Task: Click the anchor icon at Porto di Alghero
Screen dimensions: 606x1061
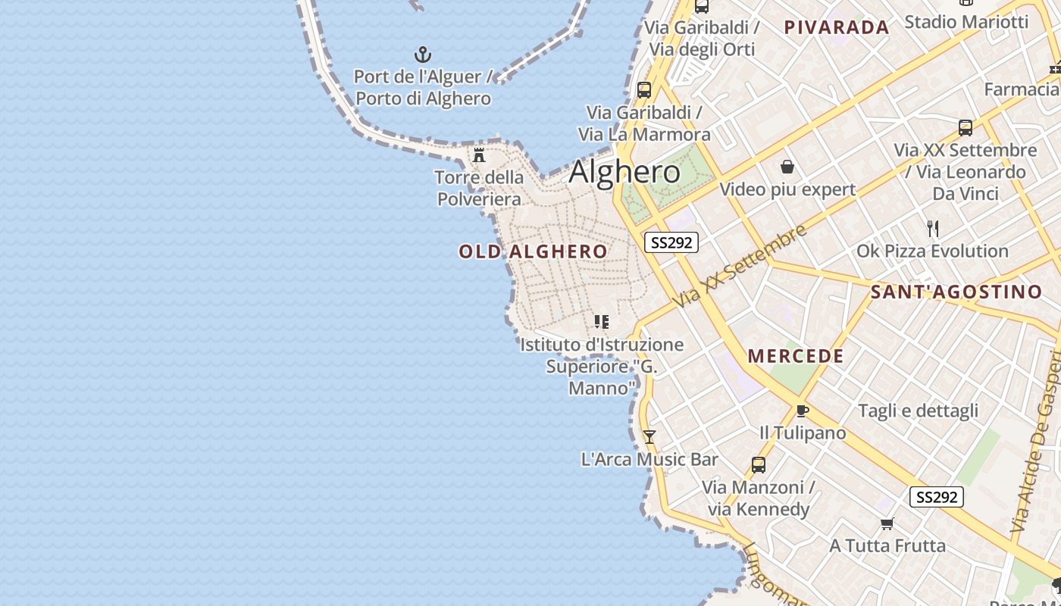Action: (423, 55)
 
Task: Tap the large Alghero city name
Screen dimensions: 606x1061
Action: (624, 172)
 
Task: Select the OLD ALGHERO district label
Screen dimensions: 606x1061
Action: (533, 251)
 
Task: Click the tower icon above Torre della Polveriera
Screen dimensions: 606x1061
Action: (479, 155)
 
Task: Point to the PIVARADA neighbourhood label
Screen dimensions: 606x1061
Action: (837, 28)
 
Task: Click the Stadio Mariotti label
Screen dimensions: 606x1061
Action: (966, 21)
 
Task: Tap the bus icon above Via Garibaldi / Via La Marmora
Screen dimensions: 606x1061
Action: (644, 89)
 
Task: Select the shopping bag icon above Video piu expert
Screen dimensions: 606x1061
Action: (787, 166)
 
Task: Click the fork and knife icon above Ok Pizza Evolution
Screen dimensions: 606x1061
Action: (933, 228)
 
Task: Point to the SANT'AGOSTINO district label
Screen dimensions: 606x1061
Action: (956, 292)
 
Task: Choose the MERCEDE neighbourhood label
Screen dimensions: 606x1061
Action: (796, 356)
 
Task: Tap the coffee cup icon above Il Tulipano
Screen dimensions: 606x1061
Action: (802, 411)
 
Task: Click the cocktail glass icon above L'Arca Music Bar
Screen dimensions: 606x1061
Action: (649, 437)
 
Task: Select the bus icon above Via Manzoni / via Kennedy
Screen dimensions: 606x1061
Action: (758, 464)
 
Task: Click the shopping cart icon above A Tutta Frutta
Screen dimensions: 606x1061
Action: (887, 523)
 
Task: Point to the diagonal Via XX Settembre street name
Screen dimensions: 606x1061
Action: (740, 266)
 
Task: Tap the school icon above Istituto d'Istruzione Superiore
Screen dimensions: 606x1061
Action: (602, 322)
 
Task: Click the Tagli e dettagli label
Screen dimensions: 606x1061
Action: (918, 411)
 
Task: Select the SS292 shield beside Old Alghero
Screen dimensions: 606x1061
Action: (671, 242)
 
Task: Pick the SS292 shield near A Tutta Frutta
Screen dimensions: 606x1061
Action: (936, 497)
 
